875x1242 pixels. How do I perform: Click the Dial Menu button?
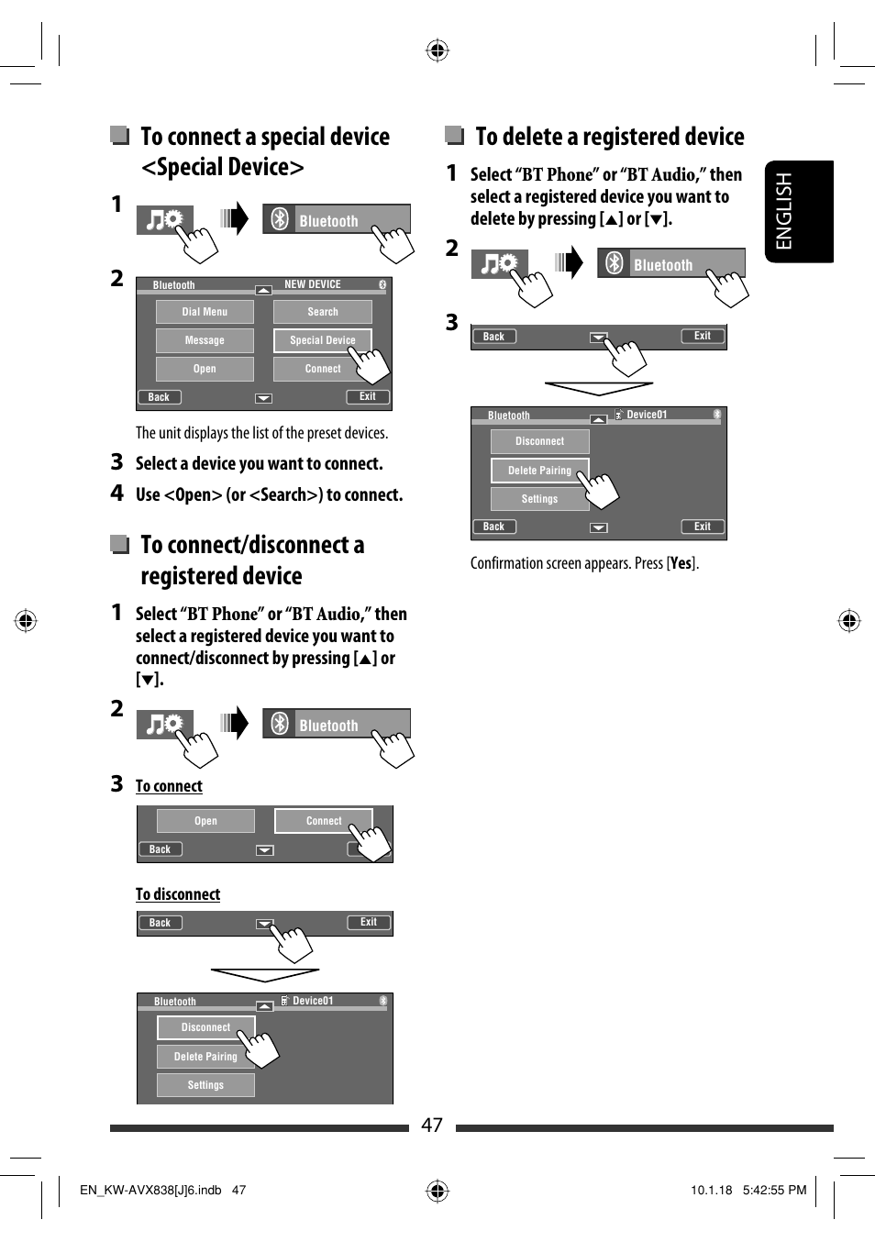tap(205, 312)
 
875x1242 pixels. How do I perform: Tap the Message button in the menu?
tap(205, 340)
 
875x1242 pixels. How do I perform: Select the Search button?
tap(323, 312)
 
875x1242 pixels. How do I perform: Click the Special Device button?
tap(322, 340)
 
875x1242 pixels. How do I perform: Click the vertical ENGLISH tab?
tap(798, 212)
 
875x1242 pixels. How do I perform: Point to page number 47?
tap(432, 1126)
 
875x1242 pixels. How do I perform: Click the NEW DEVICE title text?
tap(312, 284)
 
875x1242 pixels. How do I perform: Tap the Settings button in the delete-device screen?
tap(539, 499)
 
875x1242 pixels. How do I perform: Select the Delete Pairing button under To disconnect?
tap(205, 1057)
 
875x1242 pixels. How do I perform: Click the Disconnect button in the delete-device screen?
tap(539, 441)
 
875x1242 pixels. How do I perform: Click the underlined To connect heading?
tap(169, 786)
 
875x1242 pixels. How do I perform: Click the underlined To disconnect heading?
tap(178, 894)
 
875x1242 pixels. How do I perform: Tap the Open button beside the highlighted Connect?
tap(205, 821)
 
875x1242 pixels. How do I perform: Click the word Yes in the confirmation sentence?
tap(681, 563)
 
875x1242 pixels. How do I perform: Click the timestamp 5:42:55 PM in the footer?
tap(774, 1190)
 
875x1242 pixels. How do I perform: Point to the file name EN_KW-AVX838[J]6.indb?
tap(150, 1190)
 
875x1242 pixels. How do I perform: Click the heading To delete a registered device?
tap(609, 137)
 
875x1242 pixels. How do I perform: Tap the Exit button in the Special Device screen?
tap(368, 397)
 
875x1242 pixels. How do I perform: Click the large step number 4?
tap(117, 493)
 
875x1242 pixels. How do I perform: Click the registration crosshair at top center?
tap(437, 50)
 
